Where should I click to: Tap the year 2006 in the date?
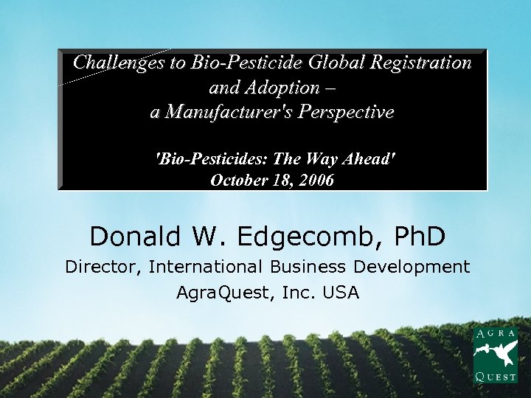(315, 179)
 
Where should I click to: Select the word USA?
(341, 293)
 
